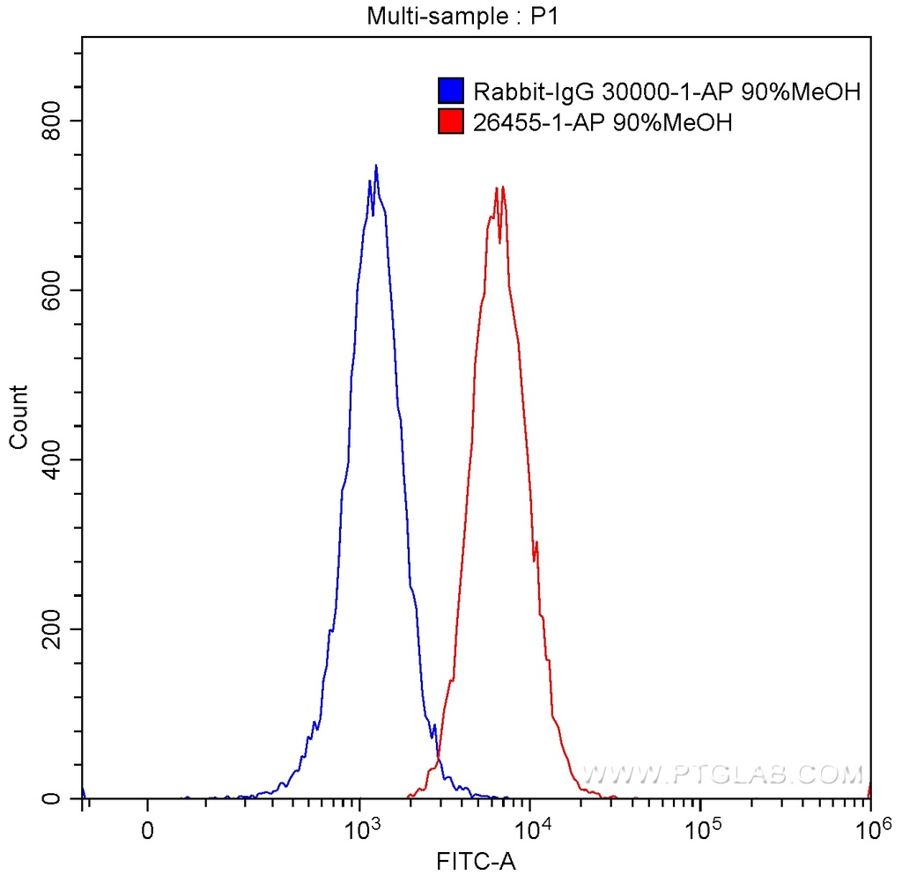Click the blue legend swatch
pyautogui.click(x=451, y=92)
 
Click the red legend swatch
pyautogui.click(x=451, y=121)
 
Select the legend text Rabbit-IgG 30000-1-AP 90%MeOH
pyautogui.click(x=666, y=92)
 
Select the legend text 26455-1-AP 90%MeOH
pyautogui.click(x=603, y=121)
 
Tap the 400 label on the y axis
pyautogui.click(x=55, y=460)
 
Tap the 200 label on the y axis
pyautogui.click(x=55, y=629)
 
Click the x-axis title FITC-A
pyautogui.click(x=475, y=860)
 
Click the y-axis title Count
pyautogui.click(x=18, y=417)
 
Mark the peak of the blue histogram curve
pyautogui.click(x=376, y=165)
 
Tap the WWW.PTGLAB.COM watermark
pyautogui.click(x=722, y=775)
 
